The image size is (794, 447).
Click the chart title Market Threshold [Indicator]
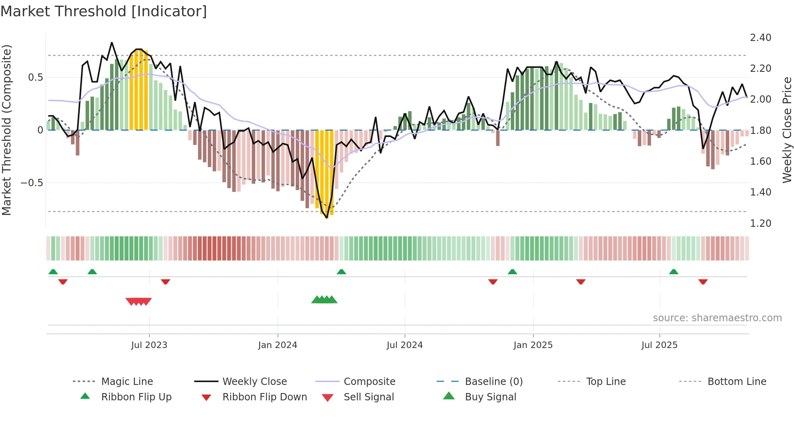(104, 11)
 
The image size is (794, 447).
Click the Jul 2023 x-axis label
(149, 345)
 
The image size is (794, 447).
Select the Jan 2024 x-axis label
(277, 345)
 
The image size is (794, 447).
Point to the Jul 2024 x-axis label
(404, 345)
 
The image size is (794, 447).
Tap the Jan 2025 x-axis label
(533, 345)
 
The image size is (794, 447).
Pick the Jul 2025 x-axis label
(659, 345)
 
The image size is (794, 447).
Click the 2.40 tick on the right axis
(760, 38)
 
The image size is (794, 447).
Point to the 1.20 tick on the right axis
(760, 223)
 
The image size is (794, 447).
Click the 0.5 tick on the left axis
(35, 77)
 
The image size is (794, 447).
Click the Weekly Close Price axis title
(787, 130)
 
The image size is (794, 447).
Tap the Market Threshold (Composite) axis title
(6, 130)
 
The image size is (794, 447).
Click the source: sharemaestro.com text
(717, 318)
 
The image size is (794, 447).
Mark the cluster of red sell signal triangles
(139, 301)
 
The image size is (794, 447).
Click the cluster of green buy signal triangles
(324, 300)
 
